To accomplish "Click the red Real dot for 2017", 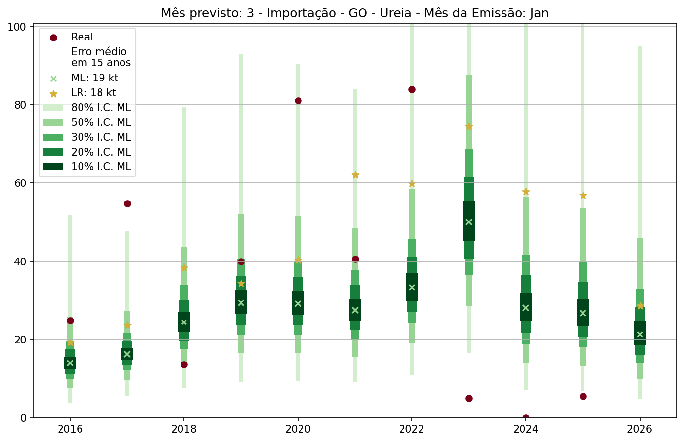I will pyautogui.click(x=127, y=203).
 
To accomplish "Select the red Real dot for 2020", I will pyautogui.click(x=298, y=100).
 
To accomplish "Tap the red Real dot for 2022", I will pyautogui.click(x=412, y=89).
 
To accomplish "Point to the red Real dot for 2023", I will pyautogui.click(x=469, y=398).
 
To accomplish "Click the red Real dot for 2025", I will pyautogui.click(x=583, y=396).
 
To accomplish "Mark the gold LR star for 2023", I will pyautogui.click(x=469, y=126).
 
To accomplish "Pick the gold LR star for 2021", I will pyautogui.click(x=355, y=175).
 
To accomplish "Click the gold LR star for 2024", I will pyautogui.click(x=526, y=192).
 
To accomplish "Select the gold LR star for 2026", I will pyautogui.click(x=640, y=306).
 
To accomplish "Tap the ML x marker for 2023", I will pyautogui.click(x=469, y=222).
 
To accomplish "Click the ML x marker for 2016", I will pyautogui.click(x=70, y=363).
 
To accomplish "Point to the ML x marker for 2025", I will pyautogui.click(x=583, y=313).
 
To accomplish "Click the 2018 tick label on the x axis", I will pyautogui.click(x=184, y=429).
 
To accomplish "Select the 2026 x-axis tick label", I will pyautogui.click(x=640, y=429).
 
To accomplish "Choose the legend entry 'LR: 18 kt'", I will pyautogui.click(x=93, y=93).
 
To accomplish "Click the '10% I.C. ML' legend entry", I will pyautogui.click(x=101, y=167).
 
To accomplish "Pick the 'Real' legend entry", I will pyautogui.click(x=82, y=37).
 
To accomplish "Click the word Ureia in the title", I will pyautogui.click(x=398, y=13).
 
